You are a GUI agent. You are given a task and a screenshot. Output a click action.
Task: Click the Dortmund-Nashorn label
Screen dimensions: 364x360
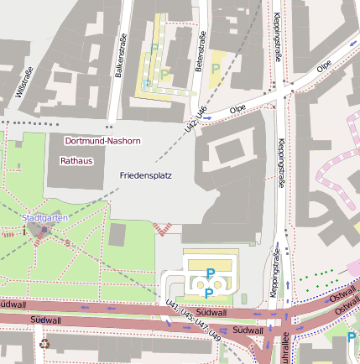click(x=102, y=142)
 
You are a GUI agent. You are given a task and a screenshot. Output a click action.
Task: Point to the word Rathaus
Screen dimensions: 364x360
click(x=76, y=159)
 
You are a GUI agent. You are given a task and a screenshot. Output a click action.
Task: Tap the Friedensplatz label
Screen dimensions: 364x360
click(x=146, y=176)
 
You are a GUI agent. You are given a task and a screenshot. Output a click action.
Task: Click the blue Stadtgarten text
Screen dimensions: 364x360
click(x=44, y=219)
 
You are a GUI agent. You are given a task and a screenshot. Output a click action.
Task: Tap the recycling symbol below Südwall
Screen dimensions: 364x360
click(x=44, y=344)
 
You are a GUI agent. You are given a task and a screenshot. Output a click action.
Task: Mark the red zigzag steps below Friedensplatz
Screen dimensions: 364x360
click(x=162, y=226)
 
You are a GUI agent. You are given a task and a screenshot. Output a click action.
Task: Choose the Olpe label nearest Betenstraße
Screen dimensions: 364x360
click(x=237, y=108)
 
